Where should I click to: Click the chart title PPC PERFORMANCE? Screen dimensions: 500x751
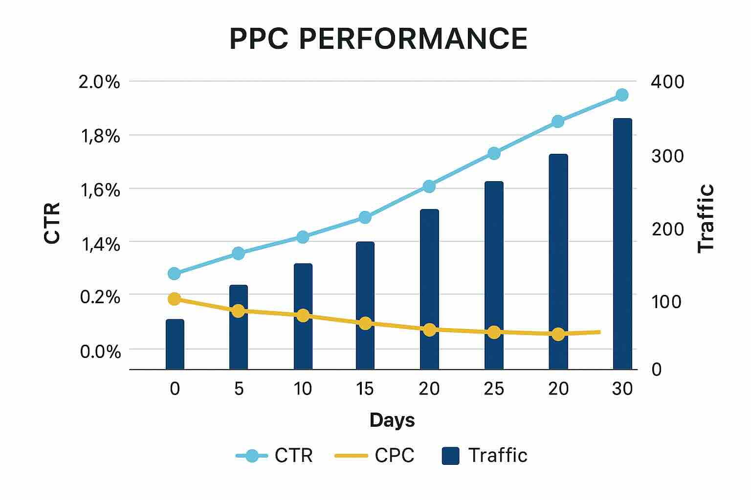[378, 39]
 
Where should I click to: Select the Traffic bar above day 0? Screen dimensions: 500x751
[175, 344]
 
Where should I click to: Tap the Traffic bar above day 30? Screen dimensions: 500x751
[622, 244]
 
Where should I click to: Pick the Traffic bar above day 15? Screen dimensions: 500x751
[365, 305]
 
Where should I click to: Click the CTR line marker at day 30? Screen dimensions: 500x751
[622, 95]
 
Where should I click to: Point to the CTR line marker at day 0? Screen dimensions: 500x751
[174, 273]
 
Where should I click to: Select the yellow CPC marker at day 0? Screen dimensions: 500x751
[174, 299]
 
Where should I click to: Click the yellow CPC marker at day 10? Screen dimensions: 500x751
[303, 315]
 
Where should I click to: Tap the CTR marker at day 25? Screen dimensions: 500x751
[494, 153]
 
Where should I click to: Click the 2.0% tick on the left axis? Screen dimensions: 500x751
[99, 82]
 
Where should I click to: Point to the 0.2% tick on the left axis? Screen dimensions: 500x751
[100, 296]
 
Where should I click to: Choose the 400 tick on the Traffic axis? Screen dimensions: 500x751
[667, 82]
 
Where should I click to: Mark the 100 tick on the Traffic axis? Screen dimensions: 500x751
[666, 302]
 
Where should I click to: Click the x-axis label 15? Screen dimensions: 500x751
[365, 389]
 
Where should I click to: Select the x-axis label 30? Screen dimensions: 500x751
[622, 389]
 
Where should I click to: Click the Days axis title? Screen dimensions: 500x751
[392, 420]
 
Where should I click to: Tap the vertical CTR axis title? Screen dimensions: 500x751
[52, 223]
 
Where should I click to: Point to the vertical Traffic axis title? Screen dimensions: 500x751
[706, 218]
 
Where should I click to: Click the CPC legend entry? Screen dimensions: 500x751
[375, 456]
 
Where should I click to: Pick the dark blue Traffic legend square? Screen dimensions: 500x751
[450, 456]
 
